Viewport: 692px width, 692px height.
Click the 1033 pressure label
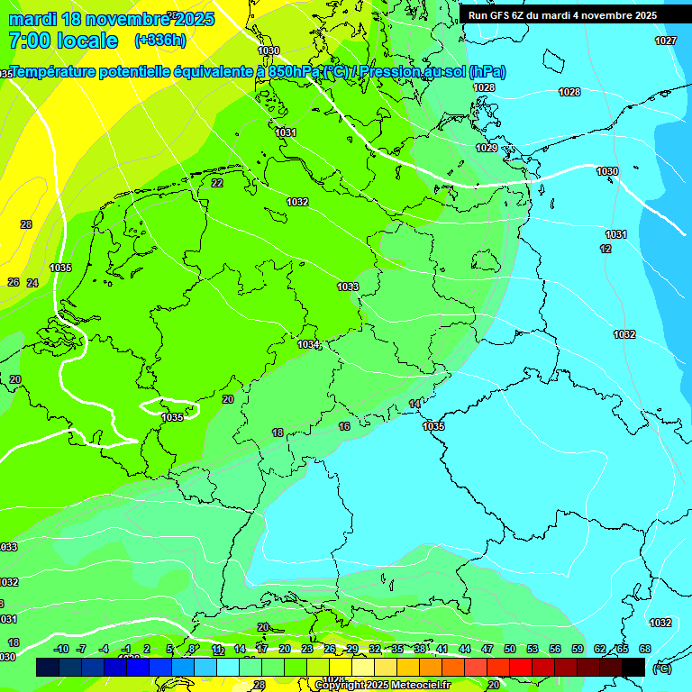(348, 287)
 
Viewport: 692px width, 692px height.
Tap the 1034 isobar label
(309, 344)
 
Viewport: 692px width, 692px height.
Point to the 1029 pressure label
(487, 148)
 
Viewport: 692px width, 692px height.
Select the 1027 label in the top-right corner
(666, 41)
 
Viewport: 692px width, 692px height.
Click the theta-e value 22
(217, 183)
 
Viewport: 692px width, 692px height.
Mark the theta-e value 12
(605, 249)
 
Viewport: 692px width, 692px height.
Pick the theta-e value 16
(344, 426)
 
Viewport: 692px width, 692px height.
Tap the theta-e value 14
(414, 404)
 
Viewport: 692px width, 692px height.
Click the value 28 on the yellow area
(26, 224)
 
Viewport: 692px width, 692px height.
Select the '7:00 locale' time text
(63, 41)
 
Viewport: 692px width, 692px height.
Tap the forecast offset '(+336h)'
(159, 41)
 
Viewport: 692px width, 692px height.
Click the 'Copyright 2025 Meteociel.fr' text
(382, 686)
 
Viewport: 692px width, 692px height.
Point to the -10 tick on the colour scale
(61, 649)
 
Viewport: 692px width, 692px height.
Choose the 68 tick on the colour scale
(645, 649)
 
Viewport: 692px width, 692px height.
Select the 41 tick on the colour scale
(442, 649)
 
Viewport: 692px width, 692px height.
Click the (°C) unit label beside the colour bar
(662, 669)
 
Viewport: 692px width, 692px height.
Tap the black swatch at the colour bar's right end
(633, 667)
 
